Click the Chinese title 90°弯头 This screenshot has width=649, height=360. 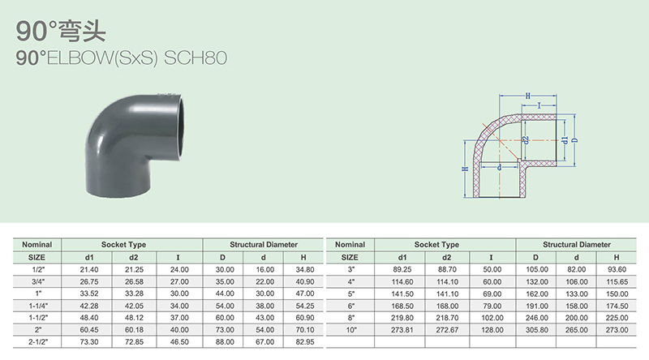tap(61, 31)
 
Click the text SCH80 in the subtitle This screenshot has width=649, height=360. tap(196, 58)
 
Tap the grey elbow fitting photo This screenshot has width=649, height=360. tap(135, 145)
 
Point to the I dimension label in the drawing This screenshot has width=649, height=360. tap(539, 105)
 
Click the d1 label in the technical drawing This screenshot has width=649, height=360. tap(565, 140)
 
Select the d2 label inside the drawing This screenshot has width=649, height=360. tap(526, 140)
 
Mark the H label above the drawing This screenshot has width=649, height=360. tap(528, 96)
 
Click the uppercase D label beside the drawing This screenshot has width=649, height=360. tap(574, 140)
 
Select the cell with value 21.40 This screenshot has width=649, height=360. tap(89, 270)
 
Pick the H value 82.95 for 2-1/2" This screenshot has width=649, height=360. tap(305, 342)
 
